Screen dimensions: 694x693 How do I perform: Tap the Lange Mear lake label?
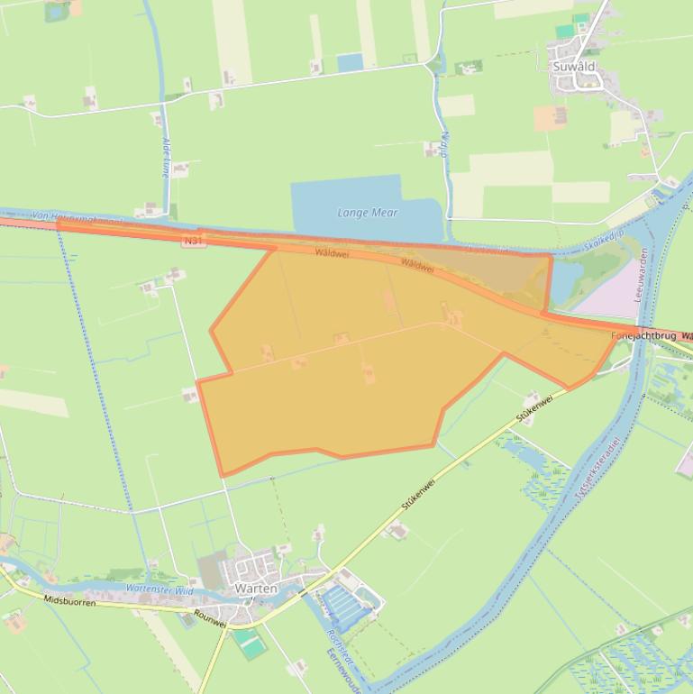click(367, 213)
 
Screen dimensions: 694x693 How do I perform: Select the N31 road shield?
click(192, 241)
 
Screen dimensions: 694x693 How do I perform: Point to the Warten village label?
click(255, 589)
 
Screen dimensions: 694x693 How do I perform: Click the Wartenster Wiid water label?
click(160, 589)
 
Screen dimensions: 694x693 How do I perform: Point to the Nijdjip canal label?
click(444, 144)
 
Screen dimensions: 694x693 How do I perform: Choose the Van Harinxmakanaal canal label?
click(76, 217)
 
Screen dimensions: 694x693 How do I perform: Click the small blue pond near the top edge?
click(350, 62)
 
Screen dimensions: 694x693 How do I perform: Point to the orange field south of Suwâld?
click(550, 117)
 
